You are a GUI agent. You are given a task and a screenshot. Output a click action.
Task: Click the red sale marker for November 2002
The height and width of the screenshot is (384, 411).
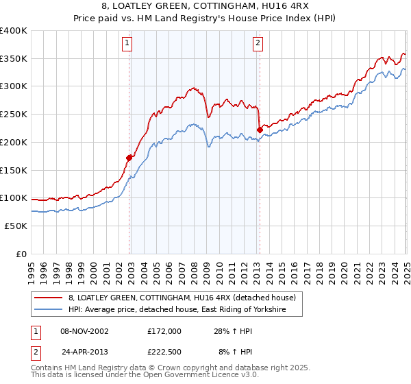[129, 158]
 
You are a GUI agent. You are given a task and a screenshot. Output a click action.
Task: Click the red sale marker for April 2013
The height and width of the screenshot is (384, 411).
[260, 130]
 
